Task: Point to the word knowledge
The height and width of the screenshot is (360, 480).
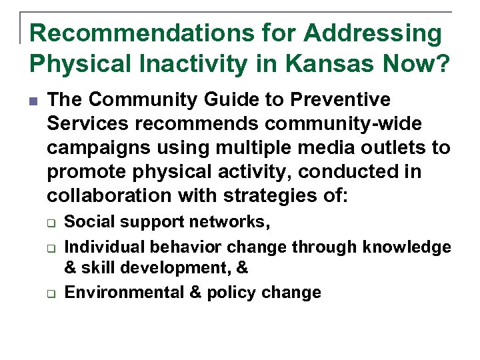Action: click(x=407, y=247)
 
